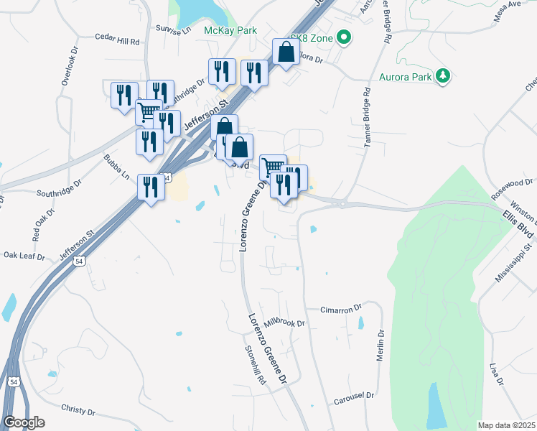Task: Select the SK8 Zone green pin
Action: point(343,37)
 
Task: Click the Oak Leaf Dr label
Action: point(24,255)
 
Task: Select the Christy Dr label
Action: point(78,411)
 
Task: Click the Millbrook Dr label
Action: point(284,323)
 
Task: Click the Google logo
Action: point(24,422)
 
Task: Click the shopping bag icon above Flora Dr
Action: point(286,52)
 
